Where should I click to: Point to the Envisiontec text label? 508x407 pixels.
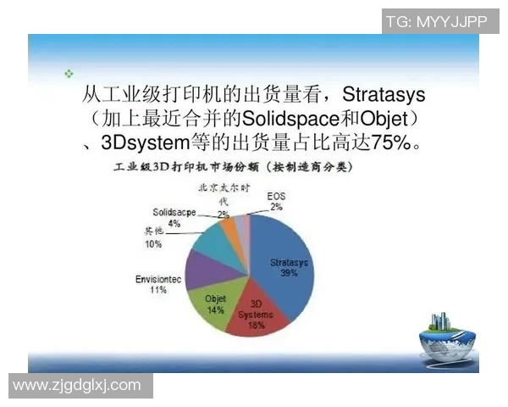(x=158, y=278)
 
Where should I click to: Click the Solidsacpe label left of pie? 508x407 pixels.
(x=174, y=212)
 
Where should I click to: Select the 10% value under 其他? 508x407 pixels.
(x=152, y=244)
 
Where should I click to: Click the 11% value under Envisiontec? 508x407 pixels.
(x=158, y=290)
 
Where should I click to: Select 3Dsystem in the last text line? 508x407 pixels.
(x=145, y=139)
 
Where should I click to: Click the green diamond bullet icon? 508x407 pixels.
(x=69, y=74)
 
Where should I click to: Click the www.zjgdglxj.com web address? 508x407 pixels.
(x=77, y=385)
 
